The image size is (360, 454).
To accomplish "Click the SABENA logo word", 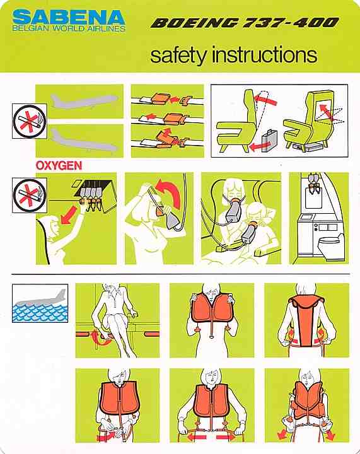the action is click(69, 18).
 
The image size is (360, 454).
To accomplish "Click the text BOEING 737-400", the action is click(245, 23).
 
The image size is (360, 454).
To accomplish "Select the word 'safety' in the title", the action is click(179, 55).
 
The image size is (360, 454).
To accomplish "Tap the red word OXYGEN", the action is click(59, 165).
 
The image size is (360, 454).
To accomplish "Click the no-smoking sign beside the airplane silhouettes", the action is click(30, 120).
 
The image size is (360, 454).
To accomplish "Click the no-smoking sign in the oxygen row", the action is click(30, 195).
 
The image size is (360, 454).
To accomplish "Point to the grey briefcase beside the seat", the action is click(269, 141).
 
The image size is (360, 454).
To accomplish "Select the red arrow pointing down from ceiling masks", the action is click(69, 216).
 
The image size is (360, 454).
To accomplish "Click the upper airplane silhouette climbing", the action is click(84, 101).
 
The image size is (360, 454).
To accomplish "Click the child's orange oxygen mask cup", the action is click(252, 224).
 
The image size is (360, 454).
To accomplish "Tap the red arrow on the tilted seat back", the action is click(265, 100).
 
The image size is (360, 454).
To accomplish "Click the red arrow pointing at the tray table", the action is click(327, 112).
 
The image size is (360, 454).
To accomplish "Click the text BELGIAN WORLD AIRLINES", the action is click(69, 28).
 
